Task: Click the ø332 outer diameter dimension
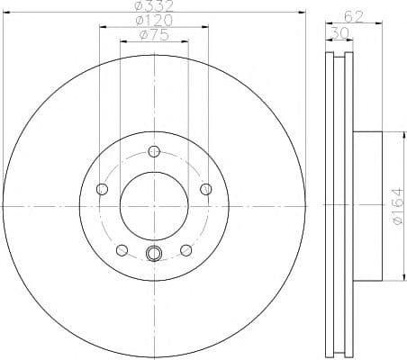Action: pyautogui.click(x=154, y=8)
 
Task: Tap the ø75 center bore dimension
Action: pyautogui.click(x=154, y=35)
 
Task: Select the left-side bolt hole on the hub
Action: pyautogui.click(x=102, y=189)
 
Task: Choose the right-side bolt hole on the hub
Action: pyautogui.click(x=206, y=188)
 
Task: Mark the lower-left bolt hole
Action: pyautogui.click(x=122, y=250)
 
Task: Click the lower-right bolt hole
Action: pyautogui.click(x=186, y=250)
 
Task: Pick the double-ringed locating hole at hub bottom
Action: pyautogui.click(x=154, y=254)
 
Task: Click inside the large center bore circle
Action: pyautogui.click(x=154, y=206)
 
